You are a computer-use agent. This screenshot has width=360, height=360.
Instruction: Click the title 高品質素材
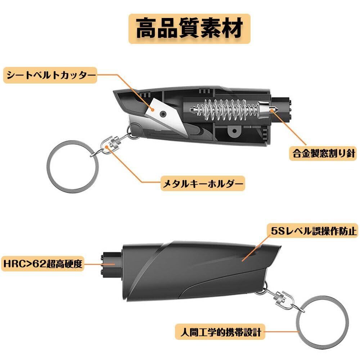189,29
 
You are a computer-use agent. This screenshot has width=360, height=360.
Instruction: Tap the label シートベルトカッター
51,76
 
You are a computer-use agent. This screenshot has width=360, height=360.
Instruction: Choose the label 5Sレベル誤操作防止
312,231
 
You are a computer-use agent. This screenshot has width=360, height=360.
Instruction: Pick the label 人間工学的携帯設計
220,331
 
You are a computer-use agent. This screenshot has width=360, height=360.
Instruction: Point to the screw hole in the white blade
163,113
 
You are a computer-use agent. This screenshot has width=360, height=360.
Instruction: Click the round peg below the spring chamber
235,131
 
